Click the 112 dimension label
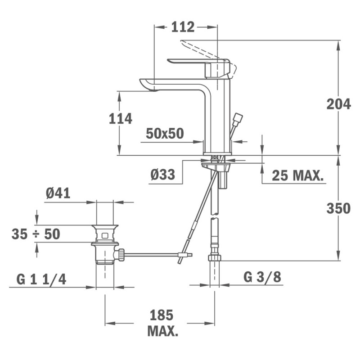(x=183, y=27)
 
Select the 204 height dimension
(x=339, y=104)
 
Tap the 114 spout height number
(x=121, y=119)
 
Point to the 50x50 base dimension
(x=165, y=133)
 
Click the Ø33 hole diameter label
(x=163, y=174)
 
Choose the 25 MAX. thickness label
(x=298, y=175)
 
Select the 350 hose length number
(x=339, y=208)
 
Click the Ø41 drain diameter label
(x=58, y=193)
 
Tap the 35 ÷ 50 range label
(x=36, y=234)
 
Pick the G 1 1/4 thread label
(x=41, y=279)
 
